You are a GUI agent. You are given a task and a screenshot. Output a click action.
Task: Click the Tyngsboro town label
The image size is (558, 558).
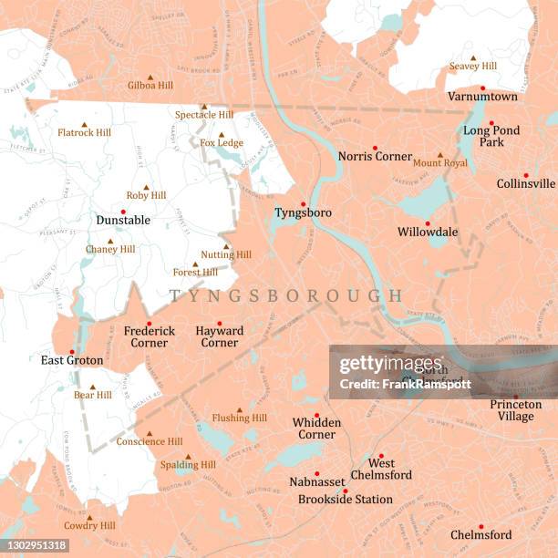coord(303,213)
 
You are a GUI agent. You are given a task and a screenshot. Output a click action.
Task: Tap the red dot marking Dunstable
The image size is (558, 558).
coord(123,212)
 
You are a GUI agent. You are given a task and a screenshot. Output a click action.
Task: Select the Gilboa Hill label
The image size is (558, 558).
coord(150,86)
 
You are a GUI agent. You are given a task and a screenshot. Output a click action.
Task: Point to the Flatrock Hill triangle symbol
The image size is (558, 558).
coord(84,124)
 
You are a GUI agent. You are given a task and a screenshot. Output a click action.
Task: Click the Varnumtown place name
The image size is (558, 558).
coord(482,97)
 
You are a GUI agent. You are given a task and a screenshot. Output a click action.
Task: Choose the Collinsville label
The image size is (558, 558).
coord(525,183)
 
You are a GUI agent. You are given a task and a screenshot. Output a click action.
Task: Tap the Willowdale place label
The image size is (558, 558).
coord(428,232)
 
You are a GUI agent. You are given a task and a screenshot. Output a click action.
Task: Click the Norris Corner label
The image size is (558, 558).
coord(375,157)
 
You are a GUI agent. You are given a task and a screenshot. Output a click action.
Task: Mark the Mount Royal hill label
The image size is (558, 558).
coord(439,163)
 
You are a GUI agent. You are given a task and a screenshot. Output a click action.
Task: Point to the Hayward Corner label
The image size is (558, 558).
coord(219,336)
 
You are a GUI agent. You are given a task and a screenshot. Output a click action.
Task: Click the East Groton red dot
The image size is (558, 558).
coord(70,352)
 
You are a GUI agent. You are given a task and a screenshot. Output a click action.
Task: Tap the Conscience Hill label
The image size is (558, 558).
coord(149,442)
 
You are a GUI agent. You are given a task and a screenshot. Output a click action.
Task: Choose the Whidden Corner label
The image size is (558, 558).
coord(316,429)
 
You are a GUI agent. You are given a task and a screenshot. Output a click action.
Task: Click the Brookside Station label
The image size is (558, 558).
coord(346,500)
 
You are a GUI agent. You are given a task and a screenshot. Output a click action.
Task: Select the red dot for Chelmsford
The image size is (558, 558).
coord(480,526)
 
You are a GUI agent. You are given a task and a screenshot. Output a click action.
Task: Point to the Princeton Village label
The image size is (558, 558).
coord(515,410)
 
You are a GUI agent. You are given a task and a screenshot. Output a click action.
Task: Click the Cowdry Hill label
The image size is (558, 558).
coord(89,526)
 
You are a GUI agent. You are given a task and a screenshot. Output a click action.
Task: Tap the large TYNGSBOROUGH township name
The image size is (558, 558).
coord(285,296)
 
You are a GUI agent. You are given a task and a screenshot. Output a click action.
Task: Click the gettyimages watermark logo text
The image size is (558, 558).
coord(382,365)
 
